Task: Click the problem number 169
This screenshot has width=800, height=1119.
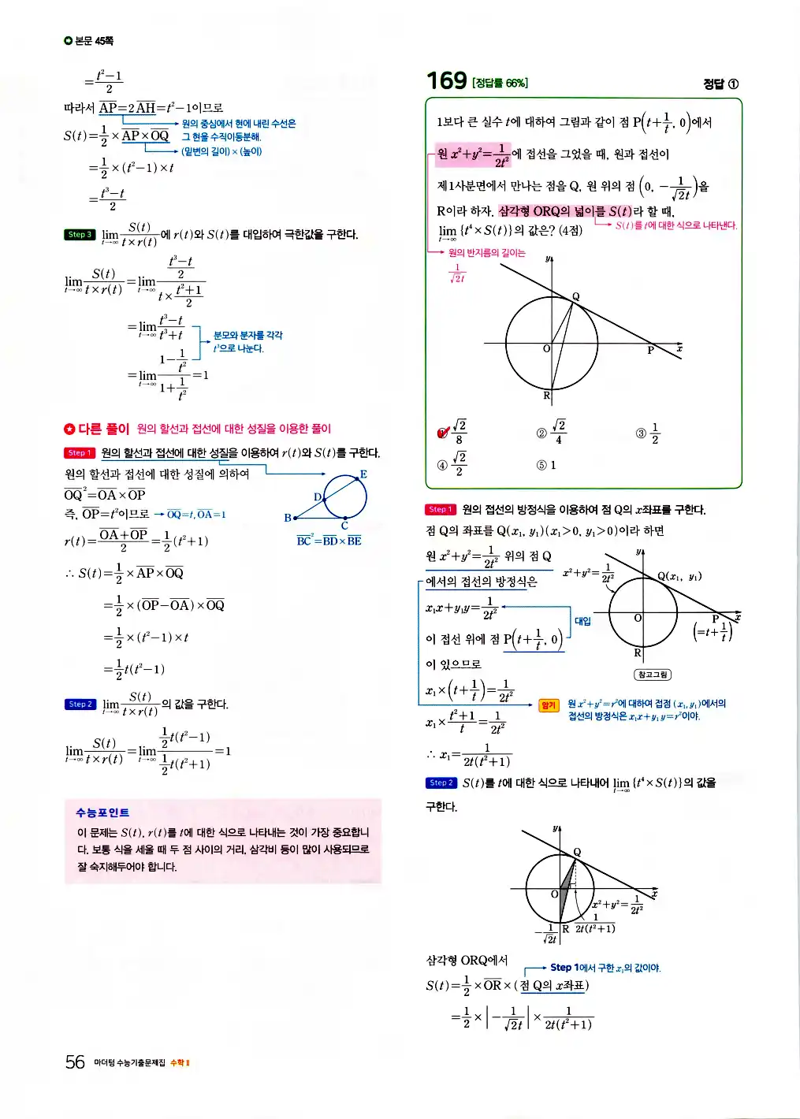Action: (446, 80)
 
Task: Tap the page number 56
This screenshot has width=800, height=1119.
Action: (75, 1062)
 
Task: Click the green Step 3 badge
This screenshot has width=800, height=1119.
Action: (79, 235)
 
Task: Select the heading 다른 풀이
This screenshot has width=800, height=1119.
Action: (103, 429)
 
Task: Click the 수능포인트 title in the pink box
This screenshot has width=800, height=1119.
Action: (102, 812)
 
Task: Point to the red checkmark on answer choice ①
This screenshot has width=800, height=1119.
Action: (443, 432)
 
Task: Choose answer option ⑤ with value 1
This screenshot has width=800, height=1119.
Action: (546, 465)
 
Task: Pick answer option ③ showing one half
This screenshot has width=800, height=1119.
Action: (647, 433)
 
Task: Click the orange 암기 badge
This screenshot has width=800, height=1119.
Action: (549, 705)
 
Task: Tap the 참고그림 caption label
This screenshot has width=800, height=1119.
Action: (652, 675)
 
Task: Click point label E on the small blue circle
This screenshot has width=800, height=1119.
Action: (363, 474)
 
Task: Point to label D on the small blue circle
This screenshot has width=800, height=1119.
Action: (318, 497)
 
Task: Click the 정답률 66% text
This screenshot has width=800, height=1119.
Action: (500, 83)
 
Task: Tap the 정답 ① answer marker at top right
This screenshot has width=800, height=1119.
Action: (720, 84)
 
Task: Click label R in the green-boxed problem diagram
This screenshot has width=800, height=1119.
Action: (546, 396)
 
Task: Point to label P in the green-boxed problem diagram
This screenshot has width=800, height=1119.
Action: (650, 350)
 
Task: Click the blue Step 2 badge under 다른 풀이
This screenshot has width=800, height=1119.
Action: (79, 704)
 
